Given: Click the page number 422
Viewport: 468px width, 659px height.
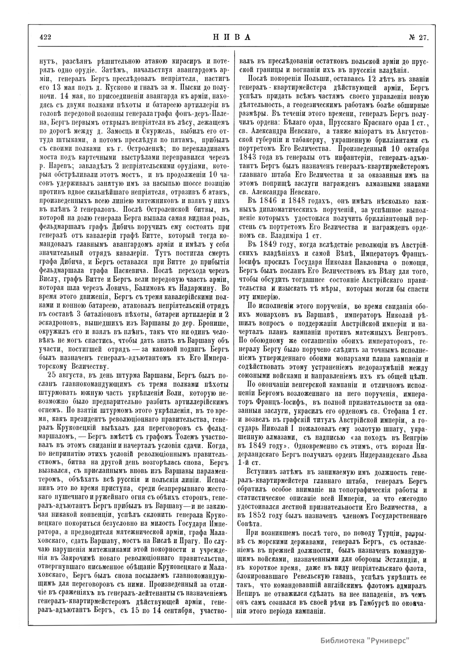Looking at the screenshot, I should click(46, 37).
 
